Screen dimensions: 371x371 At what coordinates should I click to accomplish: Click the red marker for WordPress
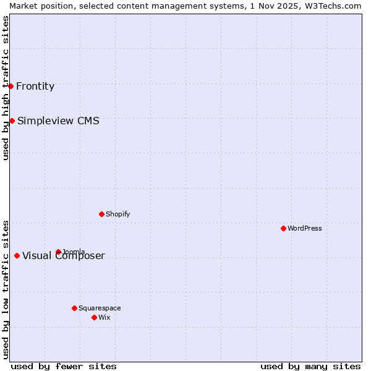284,228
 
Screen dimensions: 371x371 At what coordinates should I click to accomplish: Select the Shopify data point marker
101,214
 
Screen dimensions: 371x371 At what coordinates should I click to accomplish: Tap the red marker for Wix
94,317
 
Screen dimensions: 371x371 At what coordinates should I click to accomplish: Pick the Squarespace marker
74,308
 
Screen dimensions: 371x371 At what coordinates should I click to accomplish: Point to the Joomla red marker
58,252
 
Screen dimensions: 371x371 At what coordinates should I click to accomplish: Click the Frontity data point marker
11,86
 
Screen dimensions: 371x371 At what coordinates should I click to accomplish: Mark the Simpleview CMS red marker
12,121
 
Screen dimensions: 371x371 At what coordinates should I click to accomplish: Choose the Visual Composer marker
17,255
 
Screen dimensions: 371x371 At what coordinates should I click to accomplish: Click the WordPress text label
305,228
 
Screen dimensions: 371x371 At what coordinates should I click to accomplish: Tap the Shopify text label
117,214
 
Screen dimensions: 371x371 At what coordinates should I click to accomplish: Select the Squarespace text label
100,308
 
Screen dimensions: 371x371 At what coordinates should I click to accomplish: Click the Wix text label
104,317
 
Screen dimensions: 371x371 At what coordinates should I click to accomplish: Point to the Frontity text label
35,86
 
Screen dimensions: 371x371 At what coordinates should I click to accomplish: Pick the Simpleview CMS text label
58,121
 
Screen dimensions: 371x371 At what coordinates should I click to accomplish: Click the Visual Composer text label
64,256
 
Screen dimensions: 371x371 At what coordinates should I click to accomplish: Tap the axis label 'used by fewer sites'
64,366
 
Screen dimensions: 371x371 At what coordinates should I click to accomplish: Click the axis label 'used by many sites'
310,366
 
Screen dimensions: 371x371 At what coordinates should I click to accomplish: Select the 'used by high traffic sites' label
6,88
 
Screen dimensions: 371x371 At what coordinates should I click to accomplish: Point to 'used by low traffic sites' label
6,289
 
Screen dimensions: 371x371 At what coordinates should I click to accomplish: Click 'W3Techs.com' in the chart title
334,6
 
